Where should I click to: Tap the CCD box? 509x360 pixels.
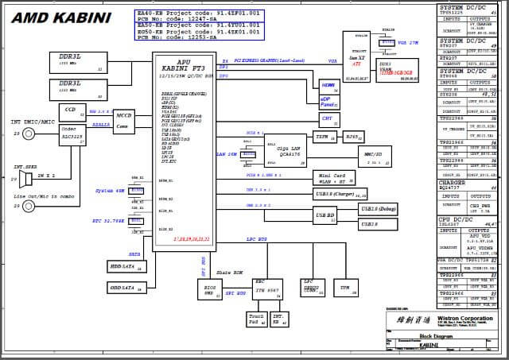72,110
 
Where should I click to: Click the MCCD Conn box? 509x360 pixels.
124,120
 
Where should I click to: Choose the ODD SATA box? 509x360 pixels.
126,287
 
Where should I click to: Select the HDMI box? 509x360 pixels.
328,84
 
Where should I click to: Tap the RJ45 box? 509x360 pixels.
353,137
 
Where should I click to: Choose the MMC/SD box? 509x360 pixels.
372,157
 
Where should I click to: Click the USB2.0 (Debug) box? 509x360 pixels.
377,209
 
